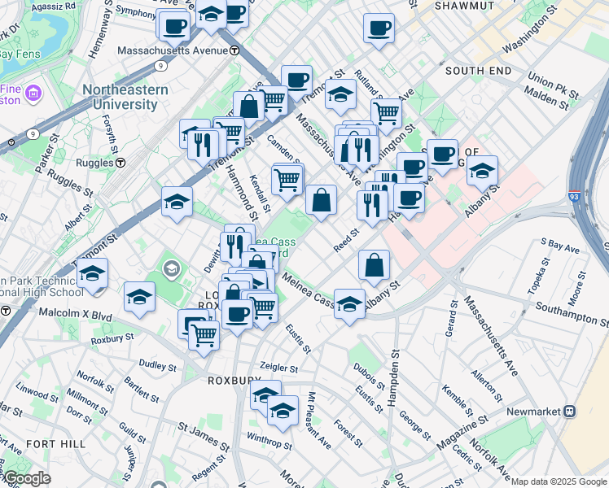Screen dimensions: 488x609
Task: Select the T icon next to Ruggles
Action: coord(120,163)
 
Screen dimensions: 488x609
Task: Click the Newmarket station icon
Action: coord(570,412)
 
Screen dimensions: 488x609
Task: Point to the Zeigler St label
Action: coord(281,366)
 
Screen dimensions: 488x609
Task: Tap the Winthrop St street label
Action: coord(269,444)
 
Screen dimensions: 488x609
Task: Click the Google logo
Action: coord(27,478)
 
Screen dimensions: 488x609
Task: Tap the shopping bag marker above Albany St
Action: coord(374,265)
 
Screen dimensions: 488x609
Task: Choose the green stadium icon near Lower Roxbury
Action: coord(173,266)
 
